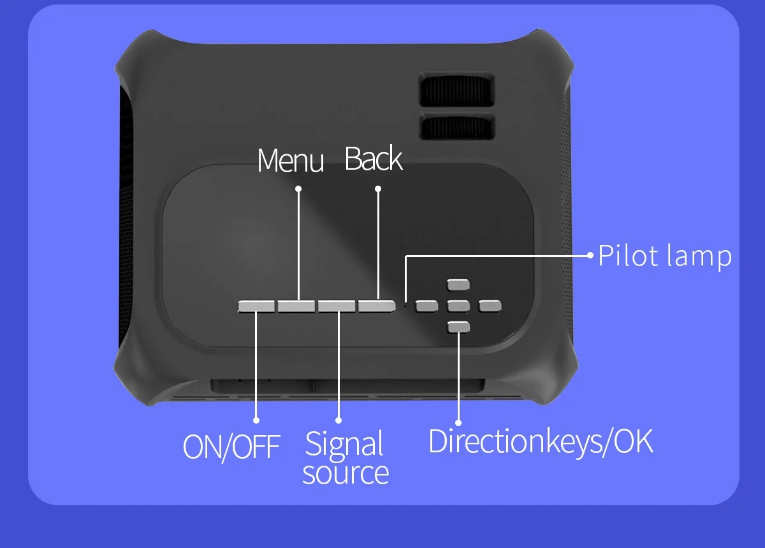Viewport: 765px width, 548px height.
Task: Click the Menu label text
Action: (x=290, y=160)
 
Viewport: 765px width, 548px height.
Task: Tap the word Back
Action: (x=374, y=158)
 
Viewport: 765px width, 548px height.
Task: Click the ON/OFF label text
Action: (x=231, y=447)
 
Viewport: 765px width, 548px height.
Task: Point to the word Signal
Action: (x=344, y=444)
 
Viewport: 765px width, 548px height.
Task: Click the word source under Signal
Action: (x=346, y=473)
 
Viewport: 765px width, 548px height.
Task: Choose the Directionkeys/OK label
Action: (x=541, y=442)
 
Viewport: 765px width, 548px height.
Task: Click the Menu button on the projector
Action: (x=296, y=306)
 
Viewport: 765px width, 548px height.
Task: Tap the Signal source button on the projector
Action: (x=337, y=306)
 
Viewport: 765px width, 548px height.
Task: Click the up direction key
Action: (x=458, y=285)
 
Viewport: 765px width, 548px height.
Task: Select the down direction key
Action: (x=458, y=327)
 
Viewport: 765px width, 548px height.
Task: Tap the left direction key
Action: (x=426, y=306)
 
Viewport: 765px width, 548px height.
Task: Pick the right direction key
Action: (x=490, y=306)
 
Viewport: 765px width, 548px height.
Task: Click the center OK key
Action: (x=458, y=306)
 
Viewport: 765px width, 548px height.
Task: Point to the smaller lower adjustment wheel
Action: (x=457, y=126)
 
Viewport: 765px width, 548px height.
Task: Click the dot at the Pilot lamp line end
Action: (x=590, y=255)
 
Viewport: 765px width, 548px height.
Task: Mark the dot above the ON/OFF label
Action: (x=256, y=420)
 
